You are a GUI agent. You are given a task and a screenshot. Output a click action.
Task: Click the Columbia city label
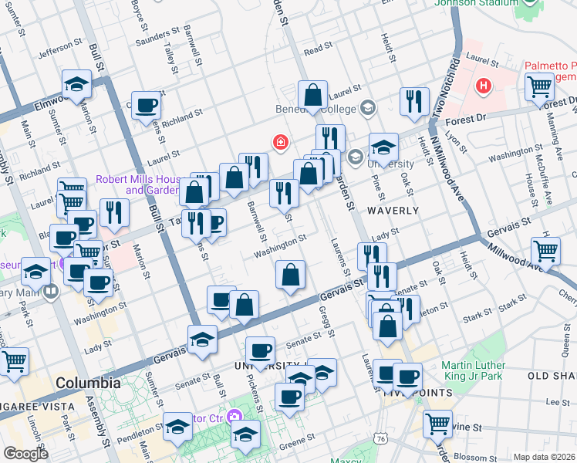(87, 383)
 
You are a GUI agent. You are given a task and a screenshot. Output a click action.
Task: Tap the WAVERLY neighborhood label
(393, 210)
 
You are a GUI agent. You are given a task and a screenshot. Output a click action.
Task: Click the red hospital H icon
(484, 84)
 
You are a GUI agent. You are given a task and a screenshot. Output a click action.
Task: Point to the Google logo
(25, 454)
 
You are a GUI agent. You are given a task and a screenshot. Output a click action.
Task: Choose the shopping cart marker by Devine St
(437, 423)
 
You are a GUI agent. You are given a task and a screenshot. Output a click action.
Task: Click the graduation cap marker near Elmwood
(76, 83)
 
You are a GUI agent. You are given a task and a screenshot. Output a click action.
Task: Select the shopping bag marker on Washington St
(290, 275)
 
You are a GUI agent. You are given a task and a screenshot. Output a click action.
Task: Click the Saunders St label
(151, 41)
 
